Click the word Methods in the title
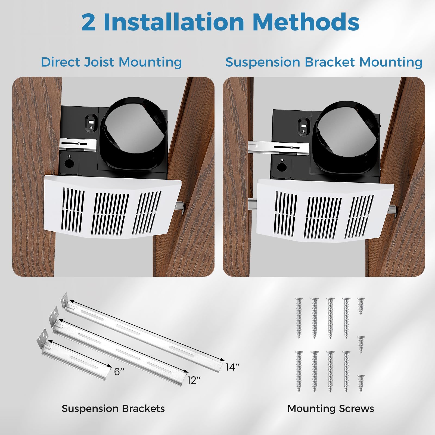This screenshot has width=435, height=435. coord(306,22)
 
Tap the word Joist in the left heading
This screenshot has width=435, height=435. coord(99,62)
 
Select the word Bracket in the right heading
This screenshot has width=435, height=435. coord(330,62)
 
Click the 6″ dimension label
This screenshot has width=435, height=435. coord(119,371)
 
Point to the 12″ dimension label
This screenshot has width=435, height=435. coord(194,380)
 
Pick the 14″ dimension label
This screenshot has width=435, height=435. coord(232,367)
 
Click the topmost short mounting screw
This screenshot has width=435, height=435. coord(361,306)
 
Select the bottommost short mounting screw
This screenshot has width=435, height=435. coord(361,383)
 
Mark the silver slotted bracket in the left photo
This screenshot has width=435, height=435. coord(78,144)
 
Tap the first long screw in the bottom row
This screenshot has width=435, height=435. coord(299,371)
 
